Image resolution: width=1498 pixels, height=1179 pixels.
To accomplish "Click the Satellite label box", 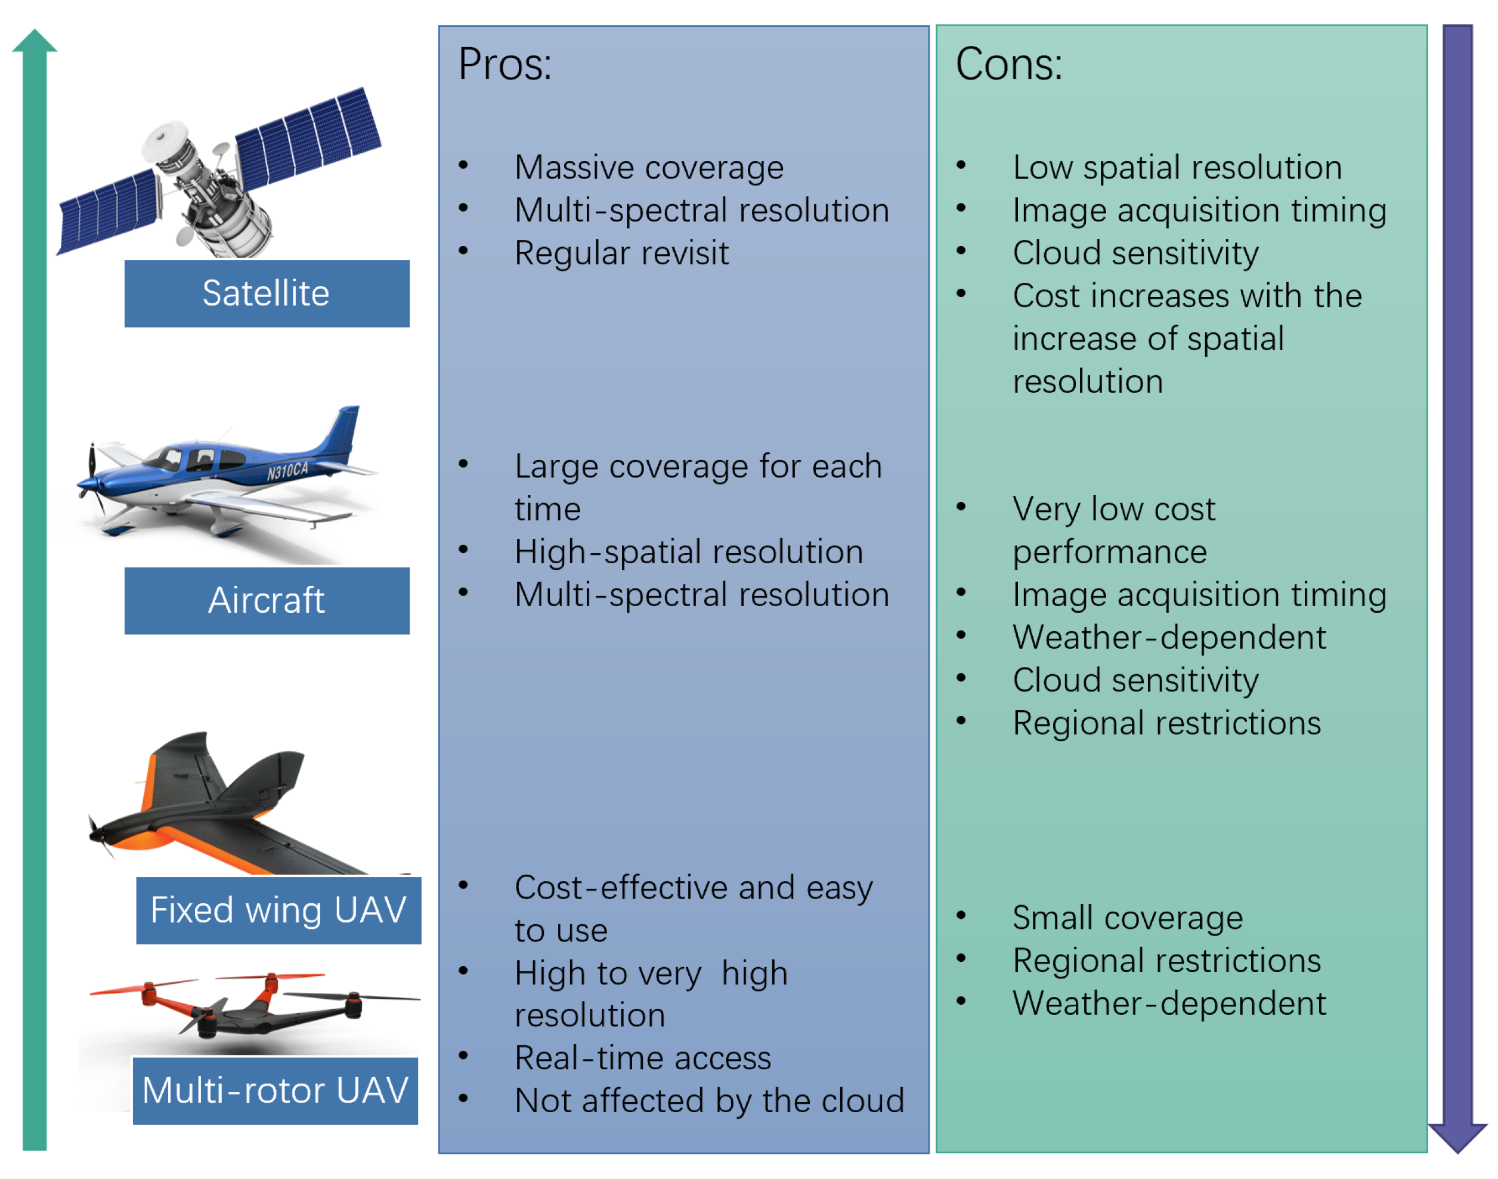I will click(267, 294).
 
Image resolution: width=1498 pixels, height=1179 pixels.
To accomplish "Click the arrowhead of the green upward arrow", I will click(35, 41).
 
